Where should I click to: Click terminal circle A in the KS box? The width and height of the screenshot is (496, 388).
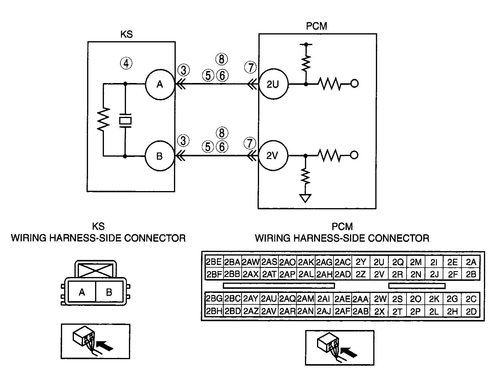coord(160,84)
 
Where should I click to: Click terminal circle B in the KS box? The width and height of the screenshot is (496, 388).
coord(159,156)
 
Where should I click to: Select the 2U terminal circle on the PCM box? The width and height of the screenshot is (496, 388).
coord(273,84)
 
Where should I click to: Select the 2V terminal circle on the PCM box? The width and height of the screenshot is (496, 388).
coord(273,156)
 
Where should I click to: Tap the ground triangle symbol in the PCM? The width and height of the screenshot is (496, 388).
coord(306,198)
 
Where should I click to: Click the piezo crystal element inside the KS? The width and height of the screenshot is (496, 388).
coord(125,121)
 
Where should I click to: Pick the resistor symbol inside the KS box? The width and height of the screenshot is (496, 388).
coord(104,119)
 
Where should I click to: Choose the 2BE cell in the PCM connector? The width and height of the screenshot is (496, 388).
coord(214,262)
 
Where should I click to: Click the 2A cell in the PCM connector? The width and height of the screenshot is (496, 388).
coord(471,262)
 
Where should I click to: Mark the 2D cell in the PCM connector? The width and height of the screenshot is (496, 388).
coord(471,312)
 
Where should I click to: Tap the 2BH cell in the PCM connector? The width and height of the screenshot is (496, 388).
coord(214,312)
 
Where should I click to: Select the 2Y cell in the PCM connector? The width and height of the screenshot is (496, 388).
coord(361,262)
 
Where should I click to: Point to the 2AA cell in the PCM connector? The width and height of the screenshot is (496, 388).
coord(361,299)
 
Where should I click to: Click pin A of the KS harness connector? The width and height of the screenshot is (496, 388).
coord(82,292)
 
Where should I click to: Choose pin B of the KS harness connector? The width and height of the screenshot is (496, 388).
coord(109,292)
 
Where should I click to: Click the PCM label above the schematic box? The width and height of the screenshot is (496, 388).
coord(316,26)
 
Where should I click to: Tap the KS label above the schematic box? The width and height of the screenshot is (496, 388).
coord(127,34)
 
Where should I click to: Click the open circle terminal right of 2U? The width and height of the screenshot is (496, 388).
coord(355,84)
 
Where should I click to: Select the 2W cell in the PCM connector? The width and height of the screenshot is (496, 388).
coord(380,299)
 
